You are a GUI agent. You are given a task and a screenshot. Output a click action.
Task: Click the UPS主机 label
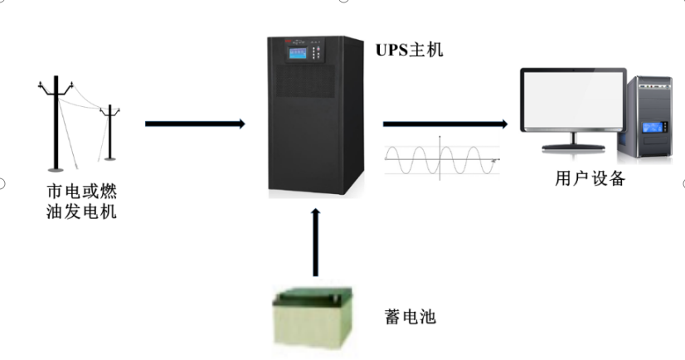coord(410,50)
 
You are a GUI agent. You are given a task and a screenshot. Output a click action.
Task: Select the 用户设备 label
coord(589,178)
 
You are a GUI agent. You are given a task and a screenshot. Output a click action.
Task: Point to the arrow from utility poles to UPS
coord(195,124)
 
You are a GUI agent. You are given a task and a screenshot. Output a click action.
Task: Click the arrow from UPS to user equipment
coord(445,124)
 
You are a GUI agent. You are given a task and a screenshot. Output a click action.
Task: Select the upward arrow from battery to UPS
coord(314,241)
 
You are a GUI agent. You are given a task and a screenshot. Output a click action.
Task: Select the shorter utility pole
coord(109,133)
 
